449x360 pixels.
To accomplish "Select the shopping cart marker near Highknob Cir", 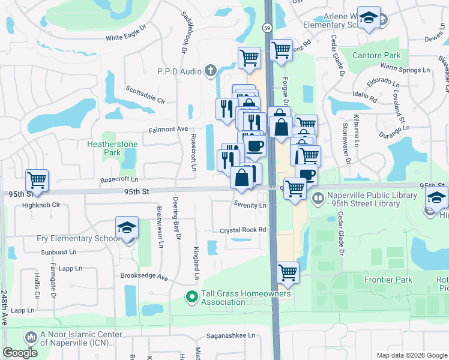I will click(37, 180).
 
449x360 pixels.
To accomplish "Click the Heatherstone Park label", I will click(112, 148).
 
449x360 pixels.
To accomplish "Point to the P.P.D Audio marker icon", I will click(210, 71).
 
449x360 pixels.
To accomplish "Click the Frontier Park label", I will click(388, 280).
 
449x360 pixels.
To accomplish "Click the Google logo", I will click(20, 353).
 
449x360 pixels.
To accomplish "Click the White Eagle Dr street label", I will click(126, 37).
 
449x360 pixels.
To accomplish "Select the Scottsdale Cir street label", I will click(145, 95).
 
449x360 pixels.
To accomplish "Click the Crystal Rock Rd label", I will click(243, 230).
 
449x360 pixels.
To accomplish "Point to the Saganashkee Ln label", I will click(231, 336).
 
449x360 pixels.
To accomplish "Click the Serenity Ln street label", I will click(250, 205).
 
